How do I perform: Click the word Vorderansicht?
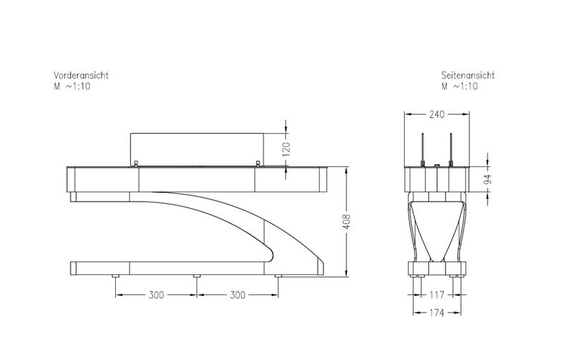tap(81, 75)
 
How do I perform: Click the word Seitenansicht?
tap(468, 75)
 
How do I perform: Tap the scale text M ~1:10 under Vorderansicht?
tap(72, 86)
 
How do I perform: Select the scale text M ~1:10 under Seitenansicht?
tap(460, 86)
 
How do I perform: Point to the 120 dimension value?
tap(286, 150)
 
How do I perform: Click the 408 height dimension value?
tap(346, 222)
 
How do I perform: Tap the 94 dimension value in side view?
tap(487, 179)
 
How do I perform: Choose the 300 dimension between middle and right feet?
tap(238, 295)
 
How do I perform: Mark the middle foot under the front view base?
tap(197, 276)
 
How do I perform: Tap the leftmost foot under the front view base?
tap(115, 276)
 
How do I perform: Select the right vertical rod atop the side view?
tap(450, 148)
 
